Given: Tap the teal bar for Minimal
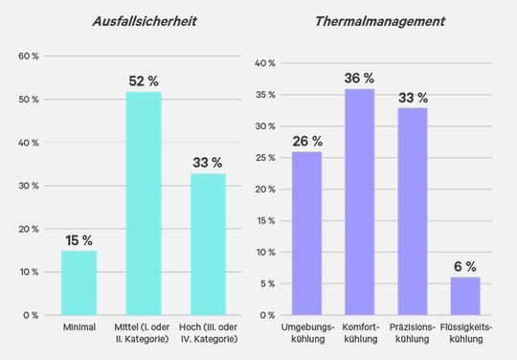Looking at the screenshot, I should (x=79, y=282).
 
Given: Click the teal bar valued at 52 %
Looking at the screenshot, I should (x=144, y=203).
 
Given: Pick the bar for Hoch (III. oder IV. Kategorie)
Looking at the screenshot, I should (x=208, y=244).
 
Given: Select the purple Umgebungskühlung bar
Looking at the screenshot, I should (x=306, y=233).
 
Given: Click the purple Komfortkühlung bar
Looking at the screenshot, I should (x=359, y=201).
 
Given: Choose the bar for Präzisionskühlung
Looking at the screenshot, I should (x=412, y=211).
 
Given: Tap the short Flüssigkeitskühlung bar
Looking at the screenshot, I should (x=464, y=296).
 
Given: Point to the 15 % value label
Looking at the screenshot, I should (x=79, y=240).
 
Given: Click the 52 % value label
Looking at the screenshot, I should (x=144, y=81).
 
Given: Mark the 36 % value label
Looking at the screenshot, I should (x=359, y=78).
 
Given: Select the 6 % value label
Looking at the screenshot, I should (x=464, y=266).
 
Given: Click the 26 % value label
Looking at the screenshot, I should (x=306, y=141).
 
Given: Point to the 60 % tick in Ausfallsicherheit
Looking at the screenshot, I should (x=29, y=56).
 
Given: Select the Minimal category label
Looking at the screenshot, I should (x=79, y=329).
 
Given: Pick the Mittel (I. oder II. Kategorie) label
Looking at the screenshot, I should (x=144, y=334).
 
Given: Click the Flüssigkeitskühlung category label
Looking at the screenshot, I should (x=464, y=334).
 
